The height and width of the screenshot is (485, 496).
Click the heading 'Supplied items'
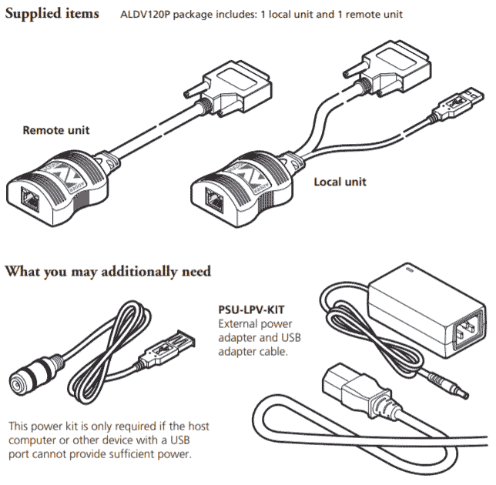tap(52, 14)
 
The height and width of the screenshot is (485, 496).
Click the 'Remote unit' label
tap(55, 130)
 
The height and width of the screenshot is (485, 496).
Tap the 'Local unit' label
tap(340, 182)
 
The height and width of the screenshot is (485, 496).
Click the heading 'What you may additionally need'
tap(109, 271)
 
